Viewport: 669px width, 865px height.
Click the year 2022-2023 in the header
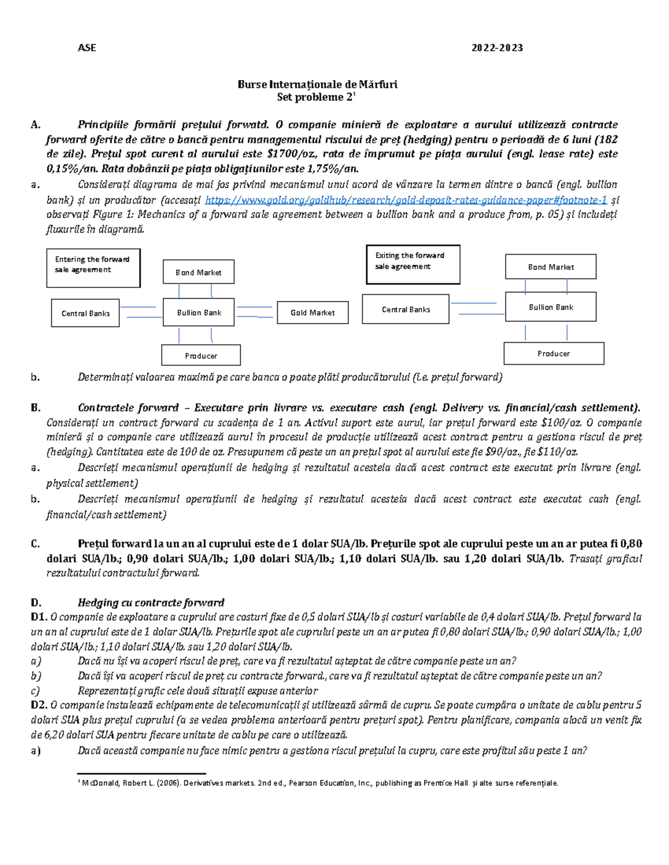[x=497, y=48]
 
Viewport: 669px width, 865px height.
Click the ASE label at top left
[x=87, y=48]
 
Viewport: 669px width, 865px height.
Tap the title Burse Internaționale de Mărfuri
[x=317, y=85]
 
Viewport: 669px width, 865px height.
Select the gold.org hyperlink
[x=406, y=200]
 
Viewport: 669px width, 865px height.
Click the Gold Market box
[x=312, y=312]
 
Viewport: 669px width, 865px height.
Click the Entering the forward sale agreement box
[x=93, y=268]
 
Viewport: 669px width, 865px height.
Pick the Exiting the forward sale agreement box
[x=413, y=264]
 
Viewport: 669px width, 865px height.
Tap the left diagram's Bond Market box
[x=198, y=272]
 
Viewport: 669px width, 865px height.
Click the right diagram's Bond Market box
[x=550, y=267]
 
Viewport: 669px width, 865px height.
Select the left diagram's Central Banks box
[x=85, y=313]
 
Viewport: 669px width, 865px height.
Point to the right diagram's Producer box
[x=554, y=353]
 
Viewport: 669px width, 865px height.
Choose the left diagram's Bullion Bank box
[x=198, y=312]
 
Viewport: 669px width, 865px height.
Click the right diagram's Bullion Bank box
[x=550, y=307]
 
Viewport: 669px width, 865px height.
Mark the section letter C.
[x=36, y=544]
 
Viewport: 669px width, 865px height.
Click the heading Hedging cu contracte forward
[x=151, y=603]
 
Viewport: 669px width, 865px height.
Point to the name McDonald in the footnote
[x=99, y=783]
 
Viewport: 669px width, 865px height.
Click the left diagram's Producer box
[x=201, y=355]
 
